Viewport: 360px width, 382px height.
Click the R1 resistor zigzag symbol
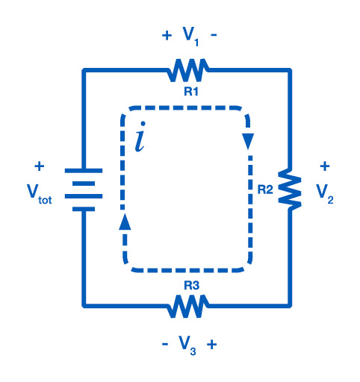(x=188, y=70)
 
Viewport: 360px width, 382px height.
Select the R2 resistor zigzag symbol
(x=290, y=190)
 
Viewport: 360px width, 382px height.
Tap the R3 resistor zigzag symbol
(x=188, y=306)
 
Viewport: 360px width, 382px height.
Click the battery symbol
(x=84, y=190)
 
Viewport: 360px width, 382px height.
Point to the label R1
(x=191, y=92)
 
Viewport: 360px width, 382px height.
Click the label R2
(x=265, y=190)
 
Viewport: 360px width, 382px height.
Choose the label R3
(x=191, y=286)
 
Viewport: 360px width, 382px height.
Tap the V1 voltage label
(x=190, y=37)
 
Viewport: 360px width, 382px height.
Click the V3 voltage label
(x=187, y=345)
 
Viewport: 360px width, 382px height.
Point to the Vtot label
(x=40, y=194)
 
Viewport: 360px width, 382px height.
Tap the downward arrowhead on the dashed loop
(x=248, y=142)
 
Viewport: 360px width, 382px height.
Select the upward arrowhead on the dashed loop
(x=125, y=222)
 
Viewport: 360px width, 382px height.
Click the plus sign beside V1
(x=167, y=35)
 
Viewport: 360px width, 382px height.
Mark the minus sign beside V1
(x=214, y=35)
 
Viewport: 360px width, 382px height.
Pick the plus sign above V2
(x=325, y=166)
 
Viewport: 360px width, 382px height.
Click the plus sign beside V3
(x=211, y=345)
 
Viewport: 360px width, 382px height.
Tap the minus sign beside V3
(x=165, y=344)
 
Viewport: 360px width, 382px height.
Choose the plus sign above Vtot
(x=40, y=166)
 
